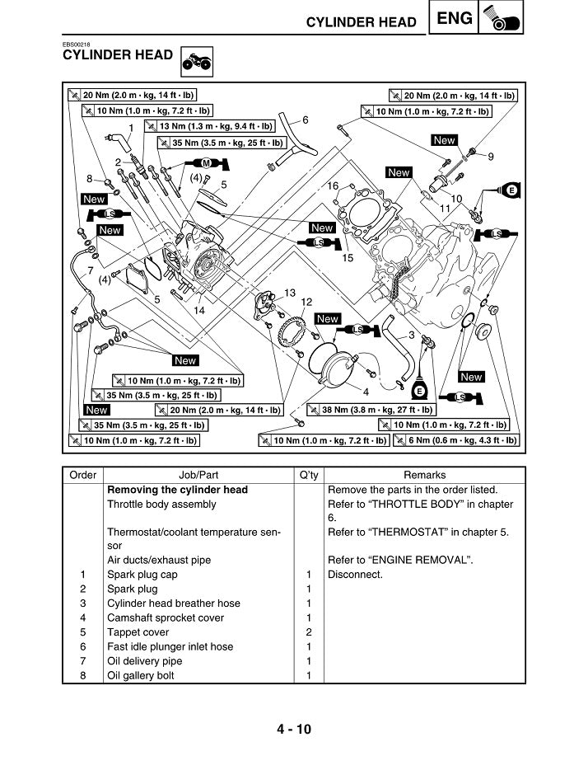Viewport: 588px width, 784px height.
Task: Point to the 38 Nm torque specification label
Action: tap(371, 410)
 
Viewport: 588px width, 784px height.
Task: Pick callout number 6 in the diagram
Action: tap(306, 120)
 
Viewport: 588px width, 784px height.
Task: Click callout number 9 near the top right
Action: tap(491, 157)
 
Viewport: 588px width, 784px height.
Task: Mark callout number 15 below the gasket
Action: tap(347, 258)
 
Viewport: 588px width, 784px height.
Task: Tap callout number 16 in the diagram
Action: tap(334, 186)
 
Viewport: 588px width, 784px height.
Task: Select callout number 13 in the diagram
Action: tap(290, 293)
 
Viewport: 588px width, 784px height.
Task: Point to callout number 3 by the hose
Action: tap(411, 335)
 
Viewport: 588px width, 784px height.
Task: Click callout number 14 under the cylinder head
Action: tap(199, 311)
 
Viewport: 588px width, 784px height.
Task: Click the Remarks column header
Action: tap(424, 475)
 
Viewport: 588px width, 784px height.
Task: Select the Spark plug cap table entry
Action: tap(142, 575)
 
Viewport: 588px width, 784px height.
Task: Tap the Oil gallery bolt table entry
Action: tap(141, 675)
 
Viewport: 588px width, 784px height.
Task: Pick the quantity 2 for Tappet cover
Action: tap(309, 632)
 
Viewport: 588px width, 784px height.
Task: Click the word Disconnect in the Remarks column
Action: tap(355, 575)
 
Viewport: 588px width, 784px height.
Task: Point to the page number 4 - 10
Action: tap(294, 729)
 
